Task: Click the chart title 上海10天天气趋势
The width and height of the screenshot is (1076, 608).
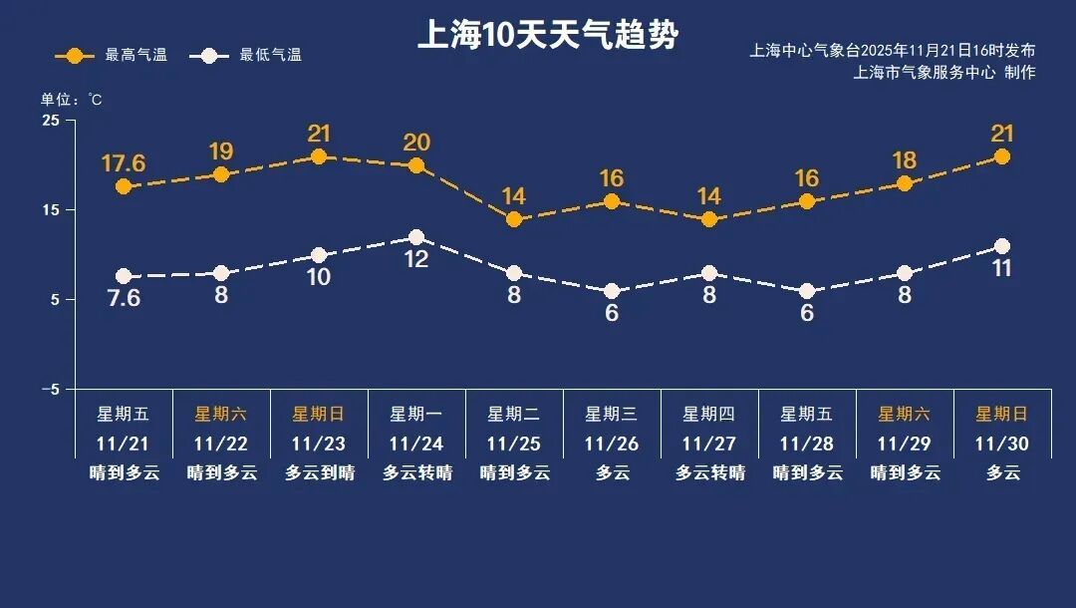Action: tap(547, 36)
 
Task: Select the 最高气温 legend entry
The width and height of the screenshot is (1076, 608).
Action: tap(111, 56)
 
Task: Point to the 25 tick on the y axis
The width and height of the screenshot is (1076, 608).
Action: tap(50, 121)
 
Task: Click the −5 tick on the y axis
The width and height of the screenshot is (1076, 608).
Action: tap(50, 389)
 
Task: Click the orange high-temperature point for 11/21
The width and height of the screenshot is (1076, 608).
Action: tap(124, 186)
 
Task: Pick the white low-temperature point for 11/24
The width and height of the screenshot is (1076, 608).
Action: tap(416, 237)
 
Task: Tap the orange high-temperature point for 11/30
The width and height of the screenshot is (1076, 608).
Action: tap(1002, 156)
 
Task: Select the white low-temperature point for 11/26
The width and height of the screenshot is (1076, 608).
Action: tap(612, 291)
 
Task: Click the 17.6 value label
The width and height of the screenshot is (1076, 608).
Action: tap(124, 162)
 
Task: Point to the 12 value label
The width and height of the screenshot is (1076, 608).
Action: tap(416, 260)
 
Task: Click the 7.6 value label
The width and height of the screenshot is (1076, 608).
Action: tap(124, 298)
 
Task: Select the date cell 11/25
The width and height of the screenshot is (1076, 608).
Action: tap(514, 443)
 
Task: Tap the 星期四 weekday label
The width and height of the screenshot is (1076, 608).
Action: tap(709, 414)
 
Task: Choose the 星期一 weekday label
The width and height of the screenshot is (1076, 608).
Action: tap(416, 414)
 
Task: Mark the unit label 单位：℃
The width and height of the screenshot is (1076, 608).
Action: tap(71, 100)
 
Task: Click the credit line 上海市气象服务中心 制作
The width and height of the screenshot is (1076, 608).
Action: tap(944, 73)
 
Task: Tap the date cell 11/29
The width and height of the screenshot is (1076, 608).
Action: tap(905, 443)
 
